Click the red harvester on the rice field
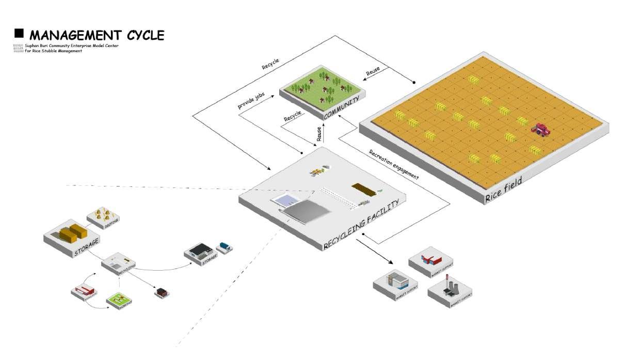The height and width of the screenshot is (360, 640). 541,129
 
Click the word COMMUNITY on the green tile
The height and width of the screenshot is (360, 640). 340,106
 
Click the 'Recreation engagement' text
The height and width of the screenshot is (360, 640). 393,164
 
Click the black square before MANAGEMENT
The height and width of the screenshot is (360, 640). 19,34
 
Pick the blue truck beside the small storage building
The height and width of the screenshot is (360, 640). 225,247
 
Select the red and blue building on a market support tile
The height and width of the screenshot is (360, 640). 429,257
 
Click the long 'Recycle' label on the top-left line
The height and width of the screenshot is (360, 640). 270,64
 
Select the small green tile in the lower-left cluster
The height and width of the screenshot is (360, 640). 120,299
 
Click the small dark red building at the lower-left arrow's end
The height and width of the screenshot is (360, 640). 162,292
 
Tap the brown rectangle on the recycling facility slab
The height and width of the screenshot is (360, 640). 361,188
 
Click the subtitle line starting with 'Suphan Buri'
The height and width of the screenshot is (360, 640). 72,45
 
